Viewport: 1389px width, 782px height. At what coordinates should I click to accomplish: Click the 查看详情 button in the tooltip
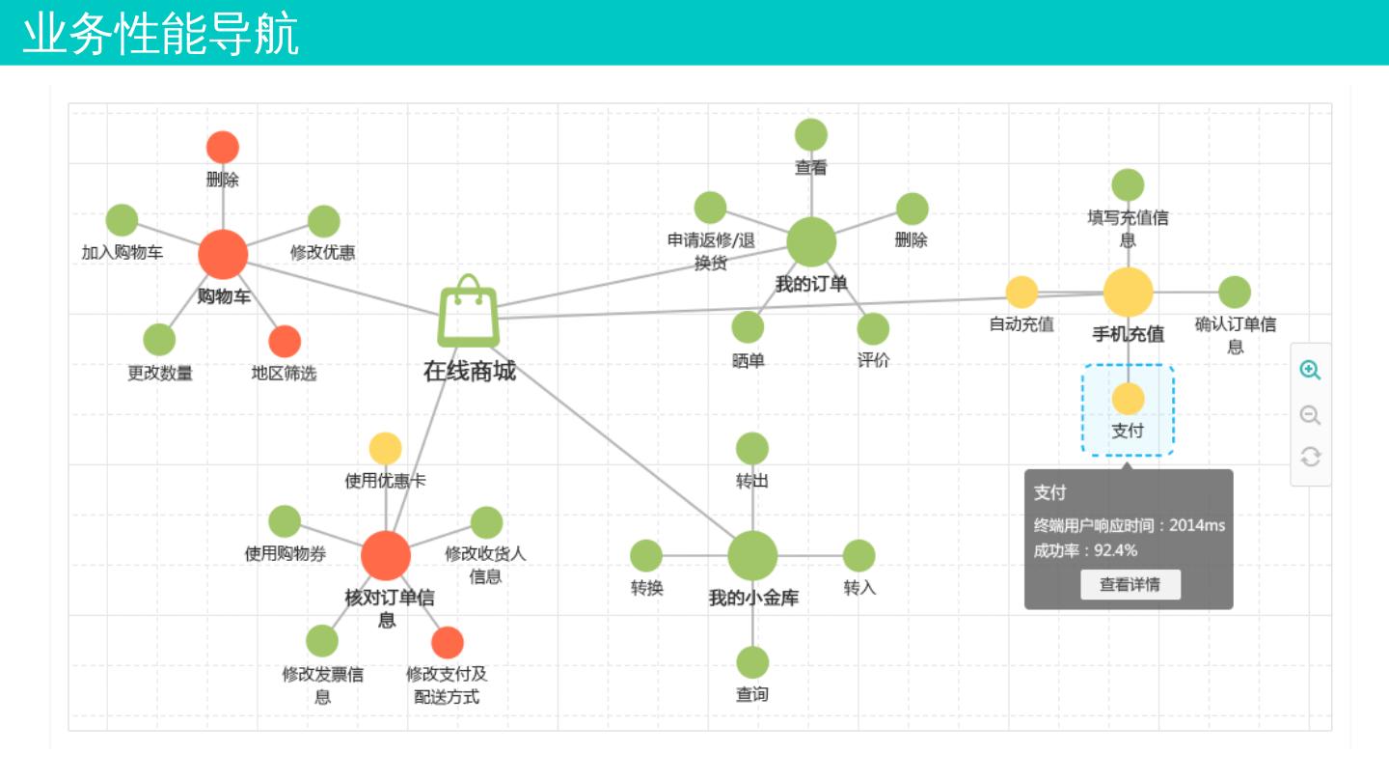[x=1130, y=584]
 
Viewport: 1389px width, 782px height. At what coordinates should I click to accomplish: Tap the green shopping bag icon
[x=469, y=311]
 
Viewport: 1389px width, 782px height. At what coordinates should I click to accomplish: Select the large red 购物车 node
[x=223, y=254]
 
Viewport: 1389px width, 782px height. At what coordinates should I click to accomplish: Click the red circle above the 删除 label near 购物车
[x=223, y=148]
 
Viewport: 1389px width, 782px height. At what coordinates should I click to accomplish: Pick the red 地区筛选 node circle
[x=285, y=341]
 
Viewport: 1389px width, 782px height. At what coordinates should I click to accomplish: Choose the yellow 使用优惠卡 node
[x=386, y=449]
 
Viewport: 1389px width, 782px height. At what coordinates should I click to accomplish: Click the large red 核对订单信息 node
[x=386, y=555]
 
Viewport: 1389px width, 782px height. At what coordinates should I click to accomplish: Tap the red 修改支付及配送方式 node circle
[x=448, y=642]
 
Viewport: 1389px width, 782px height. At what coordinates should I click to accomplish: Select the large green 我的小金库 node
[x=752, y=555]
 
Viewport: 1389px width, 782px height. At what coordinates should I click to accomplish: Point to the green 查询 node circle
[x=752, y=662]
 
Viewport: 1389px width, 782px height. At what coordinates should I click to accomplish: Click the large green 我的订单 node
[x=811, y=241]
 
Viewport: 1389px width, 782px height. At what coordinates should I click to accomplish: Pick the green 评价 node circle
[x=873, y=329]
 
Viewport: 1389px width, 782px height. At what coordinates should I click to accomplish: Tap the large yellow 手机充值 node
[x=1128, y=293]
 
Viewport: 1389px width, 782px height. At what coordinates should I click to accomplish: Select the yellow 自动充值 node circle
[x=1021, y=293]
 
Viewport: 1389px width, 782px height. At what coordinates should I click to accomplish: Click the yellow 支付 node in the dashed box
[x=1128, y=399]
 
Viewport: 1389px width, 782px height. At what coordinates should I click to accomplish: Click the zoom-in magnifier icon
[x=1310, y=371]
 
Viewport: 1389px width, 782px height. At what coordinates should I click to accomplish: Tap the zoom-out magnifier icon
[x=1310, y=415]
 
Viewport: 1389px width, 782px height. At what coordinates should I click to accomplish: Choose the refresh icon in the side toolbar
[x=1310, y=457]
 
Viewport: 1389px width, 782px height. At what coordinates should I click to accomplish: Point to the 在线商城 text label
[x=470, y=371]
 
